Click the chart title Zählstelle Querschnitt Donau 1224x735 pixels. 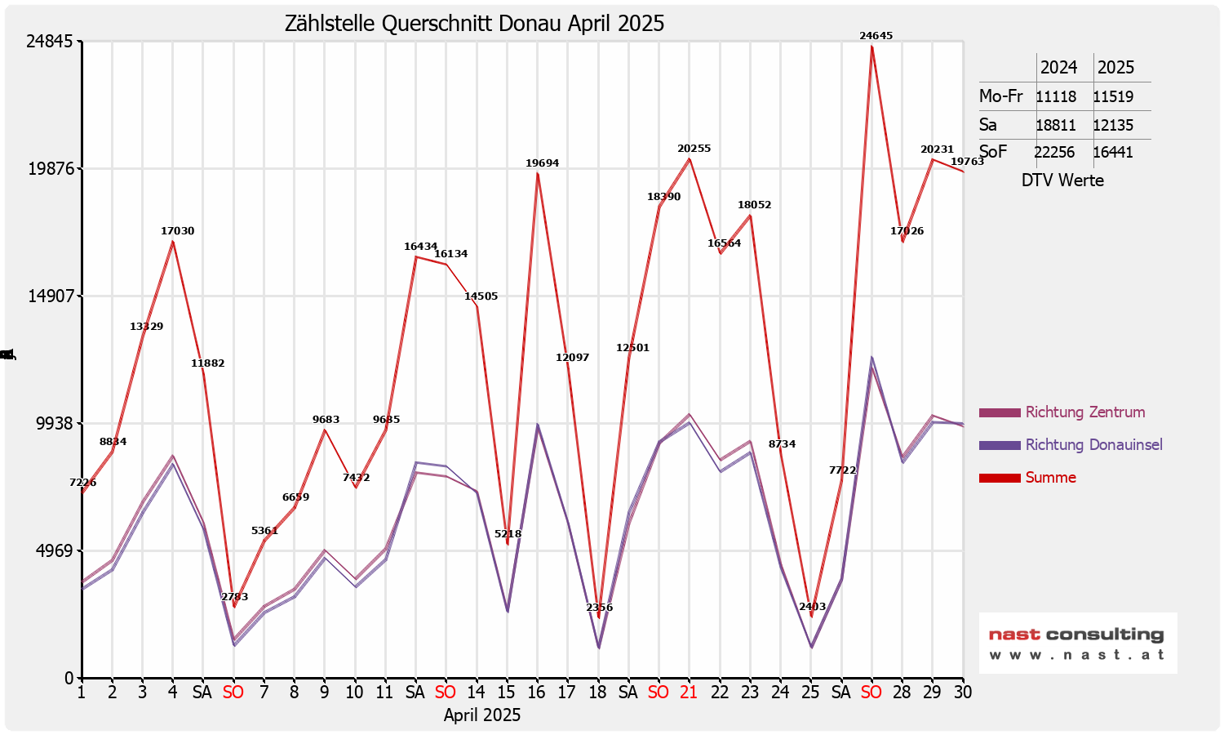474,23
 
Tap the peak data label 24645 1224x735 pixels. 876,36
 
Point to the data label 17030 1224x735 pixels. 177,231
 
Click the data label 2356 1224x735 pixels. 599,608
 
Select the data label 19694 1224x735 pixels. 542,163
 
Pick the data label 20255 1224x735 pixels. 694,149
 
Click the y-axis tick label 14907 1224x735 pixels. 51,296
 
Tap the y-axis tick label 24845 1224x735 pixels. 51,42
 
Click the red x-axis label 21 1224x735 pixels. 689,693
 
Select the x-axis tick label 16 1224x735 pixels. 536,693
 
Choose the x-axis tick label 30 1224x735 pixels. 963,693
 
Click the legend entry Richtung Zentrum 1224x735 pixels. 1084,412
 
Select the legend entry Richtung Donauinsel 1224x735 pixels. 1093,445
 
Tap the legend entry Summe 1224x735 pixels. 1050,478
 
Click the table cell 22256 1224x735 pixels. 1055,153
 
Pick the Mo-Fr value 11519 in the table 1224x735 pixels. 1113,97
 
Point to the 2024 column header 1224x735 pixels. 1058,68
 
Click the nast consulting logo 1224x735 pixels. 1077,643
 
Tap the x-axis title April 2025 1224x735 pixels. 481,715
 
